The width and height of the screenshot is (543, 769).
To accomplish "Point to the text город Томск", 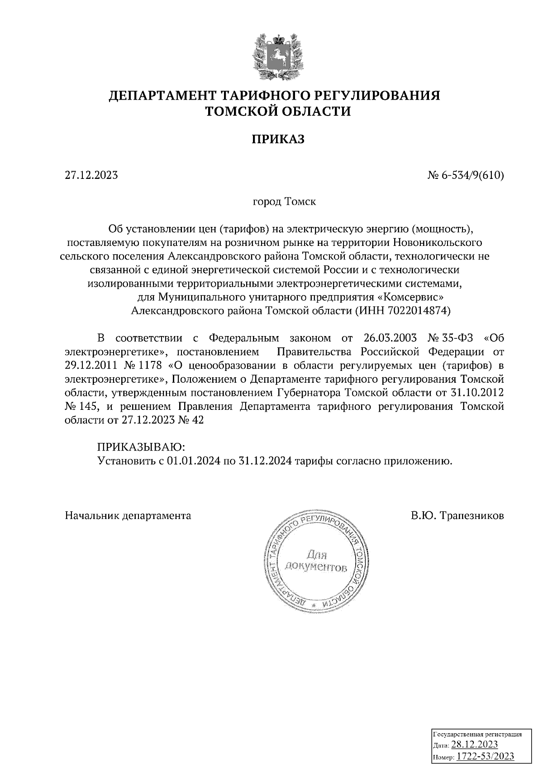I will (284, 202).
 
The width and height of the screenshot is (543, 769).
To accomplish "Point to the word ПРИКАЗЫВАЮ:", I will (141, 447).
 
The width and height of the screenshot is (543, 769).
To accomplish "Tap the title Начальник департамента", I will (128, 515).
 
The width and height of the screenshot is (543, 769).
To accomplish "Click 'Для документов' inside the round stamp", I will (315, 561).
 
